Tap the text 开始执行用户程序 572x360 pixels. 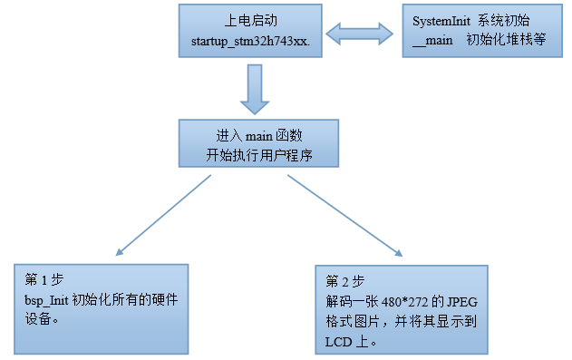(258, 153)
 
